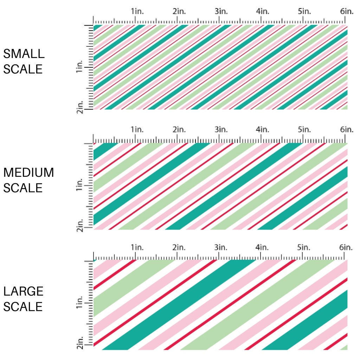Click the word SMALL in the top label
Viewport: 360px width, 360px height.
[24, 54]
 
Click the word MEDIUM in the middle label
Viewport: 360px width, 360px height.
[28, 173]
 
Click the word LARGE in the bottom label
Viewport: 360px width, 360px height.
[23, 291]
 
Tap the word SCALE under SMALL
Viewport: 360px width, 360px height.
[22, 69]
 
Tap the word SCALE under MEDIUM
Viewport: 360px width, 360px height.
[22, 188]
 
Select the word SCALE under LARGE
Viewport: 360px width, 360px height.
[22, 307]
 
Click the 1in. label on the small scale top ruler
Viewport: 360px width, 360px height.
[137, 11]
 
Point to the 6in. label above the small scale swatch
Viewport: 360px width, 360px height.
[347, 11]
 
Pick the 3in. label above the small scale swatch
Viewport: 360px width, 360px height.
[221, 11]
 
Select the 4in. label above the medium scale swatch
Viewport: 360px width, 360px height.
[263, 130]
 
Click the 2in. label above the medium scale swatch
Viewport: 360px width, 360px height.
[179, 130]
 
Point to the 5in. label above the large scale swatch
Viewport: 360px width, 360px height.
[304, 247]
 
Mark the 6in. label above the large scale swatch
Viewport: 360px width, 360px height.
[347, 247]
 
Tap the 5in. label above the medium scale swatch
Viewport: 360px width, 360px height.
[304, 130]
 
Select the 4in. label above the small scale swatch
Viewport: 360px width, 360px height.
[263, 11]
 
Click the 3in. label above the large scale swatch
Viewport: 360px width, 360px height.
[221, 247]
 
